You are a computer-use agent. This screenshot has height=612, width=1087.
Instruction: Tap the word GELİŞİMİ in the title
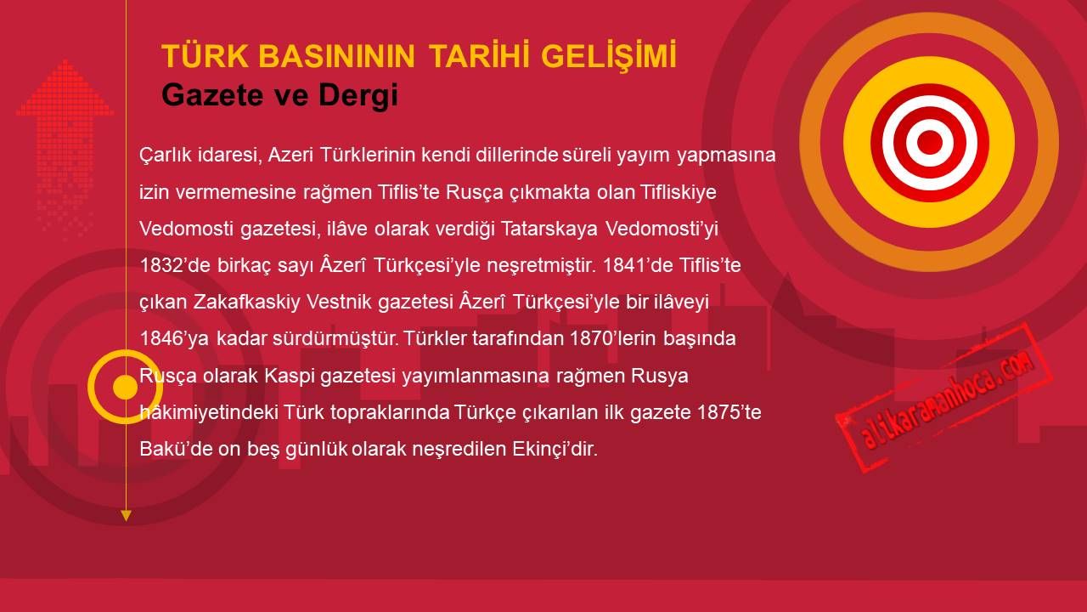click(x=609, y=56)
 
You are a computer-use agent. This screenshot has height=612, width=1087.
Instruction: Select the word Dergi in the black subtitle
click(x=358, y=95)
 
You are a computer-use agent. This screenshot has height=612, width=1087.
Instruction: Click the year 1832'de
click(x=175, y=265)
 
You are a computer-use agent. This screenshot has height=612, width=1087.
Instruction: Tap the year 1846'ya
click(x=175, y=338)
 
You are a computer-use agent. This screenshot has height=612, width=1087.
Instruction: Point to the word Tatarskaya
click(x=549, y=229)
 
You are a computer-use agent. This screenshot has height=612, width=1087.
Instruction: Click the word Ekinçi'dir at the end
click(x=555, y=449)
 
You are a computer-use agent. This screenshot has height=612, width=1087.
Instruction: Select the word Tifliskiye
click(x=678, y=192)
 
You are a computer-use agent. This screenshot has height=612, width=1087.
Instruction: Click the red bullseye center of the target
click(x=929, y=142)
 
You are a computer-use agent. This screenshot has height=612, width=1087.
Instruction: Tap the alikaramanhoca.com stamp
click(x=943, y=397)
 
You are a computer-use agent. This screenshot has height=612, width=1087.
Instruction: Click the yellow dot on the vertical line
click(x=126, y=387)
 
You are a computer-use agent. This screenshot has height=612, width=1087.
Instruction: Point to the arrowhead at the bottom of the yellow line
click(x=126, y=516)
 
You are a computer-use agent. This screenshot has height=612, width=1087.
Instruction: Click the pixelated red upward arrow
click(x=65, y=145)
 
